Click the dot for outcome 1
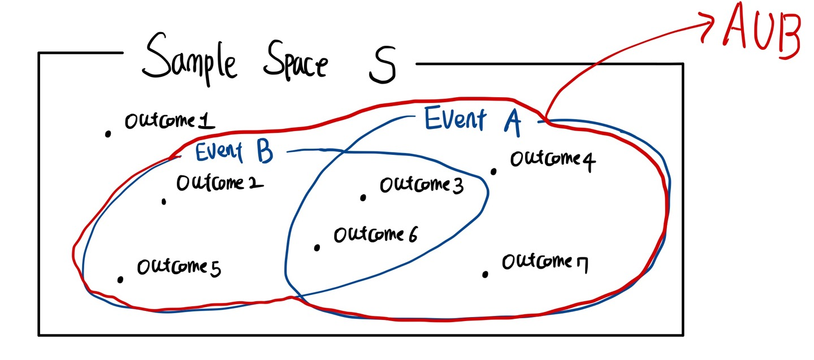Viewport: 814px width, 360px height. tap(107, 134)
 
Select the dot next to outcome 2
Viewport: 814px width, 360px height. tap(164, 201)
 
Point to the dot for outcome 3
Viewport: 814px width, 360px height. tap(363, 197)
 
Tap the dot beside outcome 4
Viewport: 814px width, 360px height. tap(493, 171)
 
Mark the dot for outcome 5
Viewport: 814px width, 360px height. tap(120, 279)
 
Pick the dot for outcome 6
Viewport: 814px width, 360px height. tap(317, 248)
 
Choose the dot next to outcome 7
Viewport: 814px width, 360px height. tap(485, 275)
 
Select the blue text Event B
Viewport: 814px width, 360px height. tap(234, 151)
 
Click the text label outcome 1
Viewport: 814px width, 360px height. tap(169, 121)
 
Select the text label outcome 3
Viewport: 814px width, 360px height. tap(421, 185)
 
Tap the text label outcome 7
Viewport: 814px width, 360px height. tap(544, 263)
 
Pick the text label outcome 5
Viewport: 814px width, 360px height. tap(179, 267)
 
